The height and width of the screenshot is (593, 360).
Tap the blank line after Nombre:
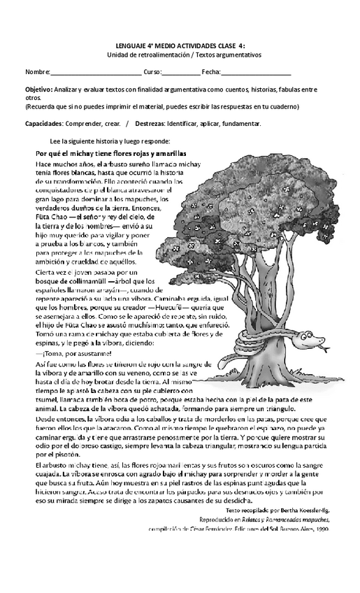click(96, 73)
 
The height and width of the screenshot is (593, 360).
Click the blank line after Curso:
click(180, 73)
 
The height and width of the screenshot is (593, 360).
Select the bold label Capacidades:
click(45, 123)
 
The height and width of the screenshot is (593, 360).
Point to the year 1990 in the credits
click(321, 529)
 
